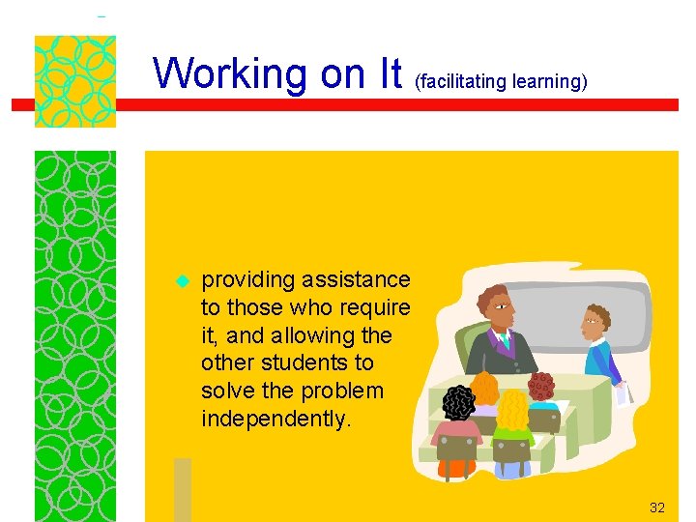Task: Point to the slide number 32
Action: point(657,507)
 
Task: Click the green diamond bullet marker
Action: point(179,282)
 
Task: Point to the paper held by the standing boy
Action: point(624,391)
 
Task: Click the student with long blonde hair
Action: point(511,416)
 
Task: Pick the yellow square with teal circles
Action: point(74,81)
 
